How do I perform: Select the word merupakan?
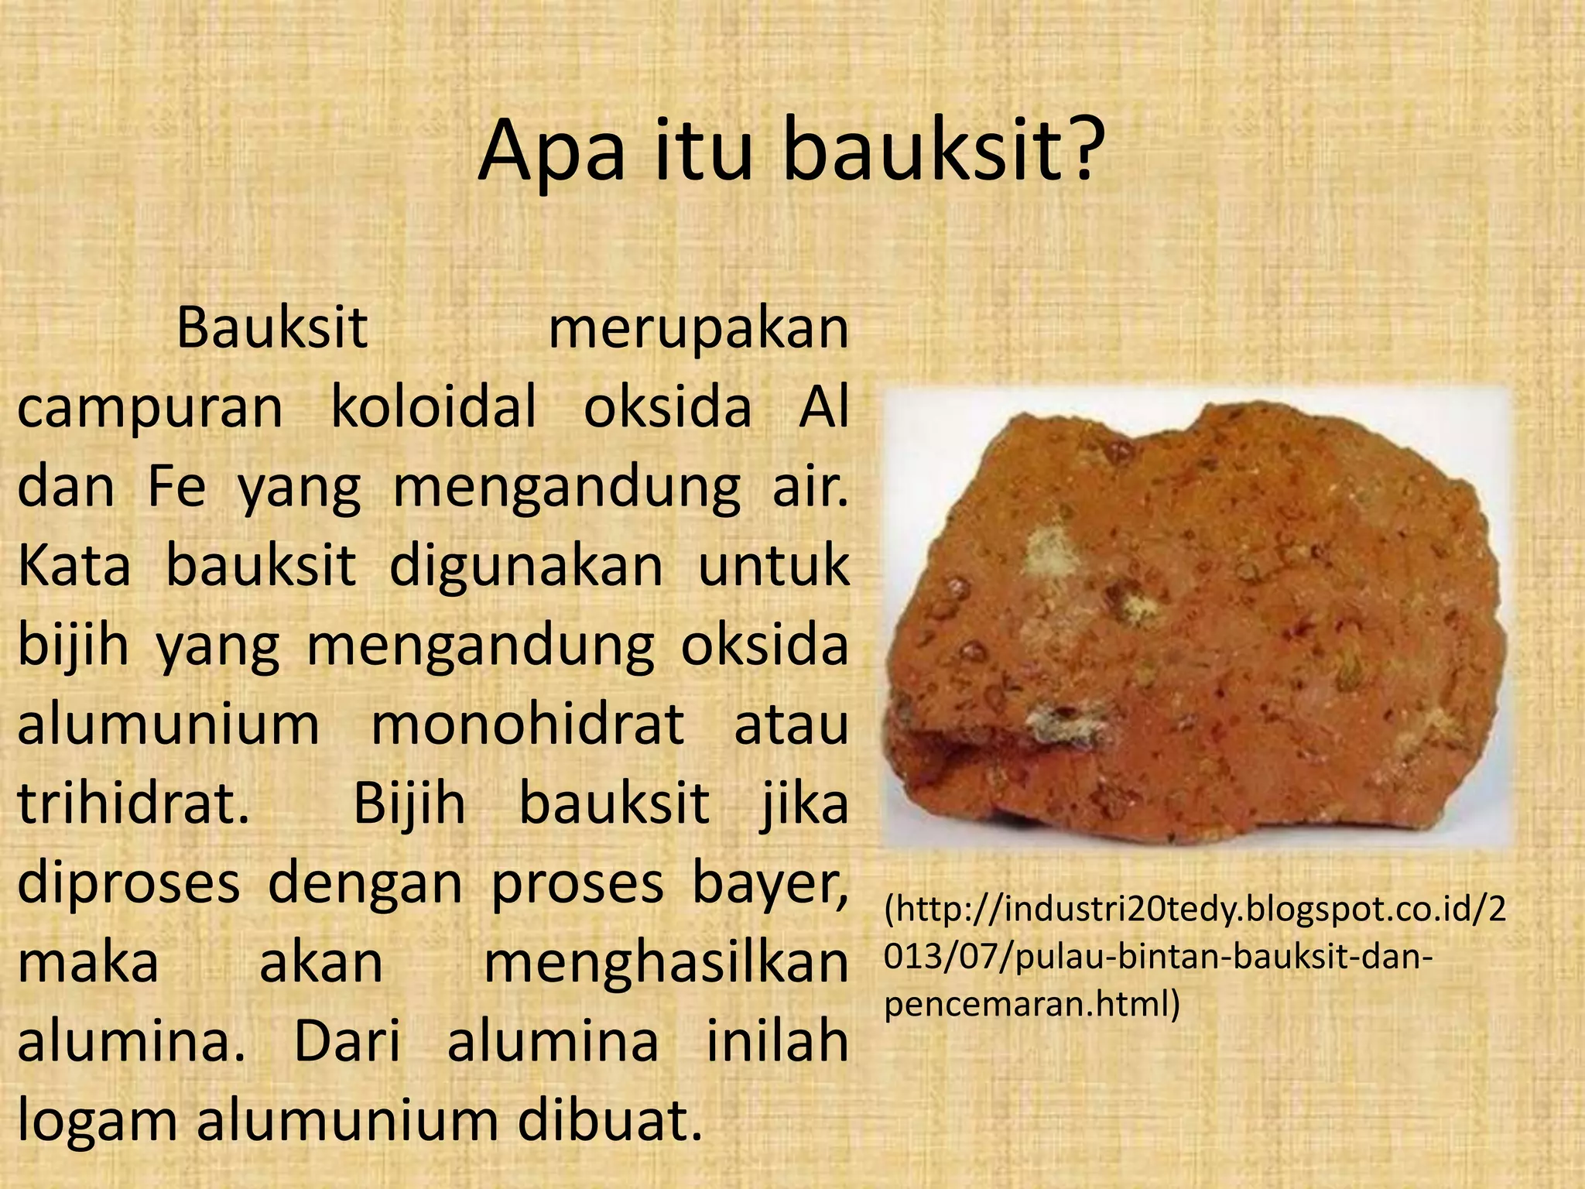(x=698, y=328)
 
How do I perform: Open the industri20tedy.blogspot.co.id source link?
(x=1195, y=911)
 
